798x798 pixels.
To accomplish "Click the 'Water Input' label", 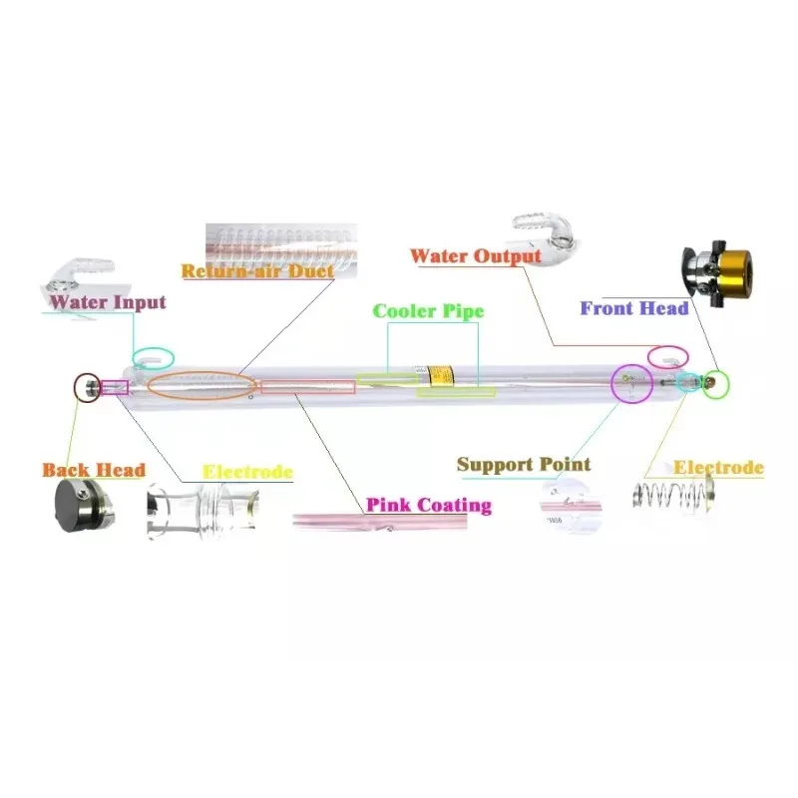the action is point(108,301).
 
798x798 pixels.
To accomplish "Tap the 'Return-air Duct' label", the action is point(256,270).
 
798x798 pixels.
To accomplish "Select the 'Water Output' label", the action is point(476,255).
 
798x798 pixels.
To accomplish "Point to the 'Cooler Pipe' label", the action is point(428,311).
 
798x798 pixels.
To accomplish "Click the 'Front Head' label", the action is point(634,308).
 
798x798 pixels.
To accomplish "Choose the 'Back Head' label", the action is point(94,469).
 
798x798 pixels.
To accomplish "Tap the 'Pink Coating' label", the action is point(428,505).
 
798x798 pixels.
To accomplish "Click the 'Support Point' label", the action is point(524,464).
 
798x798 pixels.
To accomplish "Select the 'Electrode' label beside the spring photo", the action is point(718,467).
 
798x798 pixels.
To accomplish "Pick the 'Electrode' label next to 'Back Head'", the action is point(247,471).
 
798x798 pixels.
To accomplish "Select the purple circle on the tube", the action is point(629,382).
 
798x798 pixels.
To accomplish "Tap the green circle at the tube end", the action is point(715,384).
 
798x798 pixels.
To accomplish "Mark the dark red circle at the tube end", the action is point(88,386).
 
